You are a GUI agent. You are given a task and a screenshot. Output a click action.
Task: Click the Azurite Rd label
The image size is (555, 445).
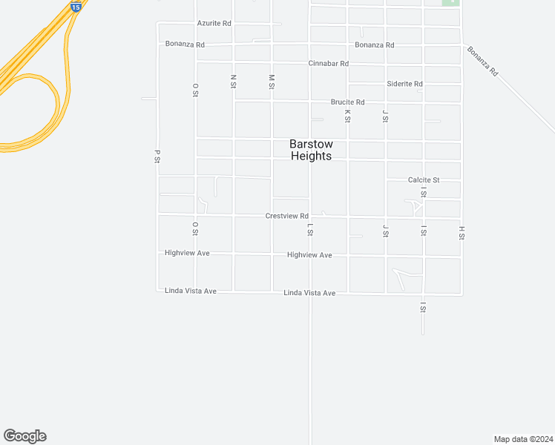pyautogui.click(x=214, y=24)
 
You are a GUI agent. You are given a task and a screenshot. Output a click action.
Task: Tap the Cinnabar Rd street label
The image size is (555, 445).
pyautogui.click(x=328, y=64)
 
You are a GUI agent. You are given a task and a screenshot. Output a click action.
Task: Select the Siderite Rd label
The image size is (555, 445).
pyautogui.click(x=404, y=84)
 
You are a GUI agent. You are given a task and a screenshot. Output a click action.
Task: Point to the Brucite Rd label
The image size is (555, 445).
pyautogui.click(x=347, y=102)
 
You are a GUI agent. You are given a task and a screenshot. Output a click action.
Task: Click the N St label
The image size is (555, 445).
pyautogui.click(x=233, y=81)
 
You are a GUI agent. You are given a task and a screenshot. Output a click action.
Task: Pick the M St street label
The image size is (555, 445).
pyautogui.click(x=272, y=81)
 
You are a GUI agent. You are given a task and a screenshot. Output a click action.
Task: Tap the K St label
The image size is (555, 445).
pyautogui.click(x=347, y=115)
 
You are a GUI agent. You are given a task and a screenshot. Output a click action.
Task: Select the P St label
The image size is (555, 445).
pyautogui.click(x=157, y=156)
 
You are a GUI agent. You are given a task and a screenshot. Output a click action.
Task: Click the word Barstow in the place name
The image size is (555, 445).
pyautogui.click(x=311, y=144)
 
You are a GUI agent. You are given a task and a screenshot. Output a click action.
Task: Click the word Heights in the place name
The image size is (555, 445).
pyautogui.click(x=311, y=156)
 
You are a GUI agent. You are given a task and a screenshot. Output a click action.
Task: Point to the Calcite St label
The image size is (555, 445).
pyautogui.click(x=424, y=180)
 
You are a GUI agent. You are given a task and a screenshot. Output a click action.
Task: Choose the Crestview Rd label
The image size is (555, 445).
pyautogui.click(x=286, y=216)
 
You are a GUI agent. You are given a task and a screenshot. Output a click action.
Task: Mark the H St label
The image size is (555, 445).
pyautogui.click(x=462, y=233)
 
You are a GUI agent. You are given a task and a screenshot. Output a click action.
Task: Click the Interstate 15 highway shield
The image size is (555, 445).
pyautogui.click(x=76, y=6)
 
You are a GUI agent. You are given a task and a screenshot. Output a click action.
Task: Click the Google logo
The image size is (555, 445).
pyautogui.click(x=24, y=436)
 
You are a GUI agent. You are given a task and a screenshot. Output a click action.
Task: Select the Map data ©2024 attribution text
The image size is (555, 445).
pyautogui.click(x=523, y=438)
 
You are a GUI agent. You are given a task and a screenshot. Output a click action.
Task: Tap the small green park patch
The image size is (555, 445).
pyautogui.click(x=450, y=2)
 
